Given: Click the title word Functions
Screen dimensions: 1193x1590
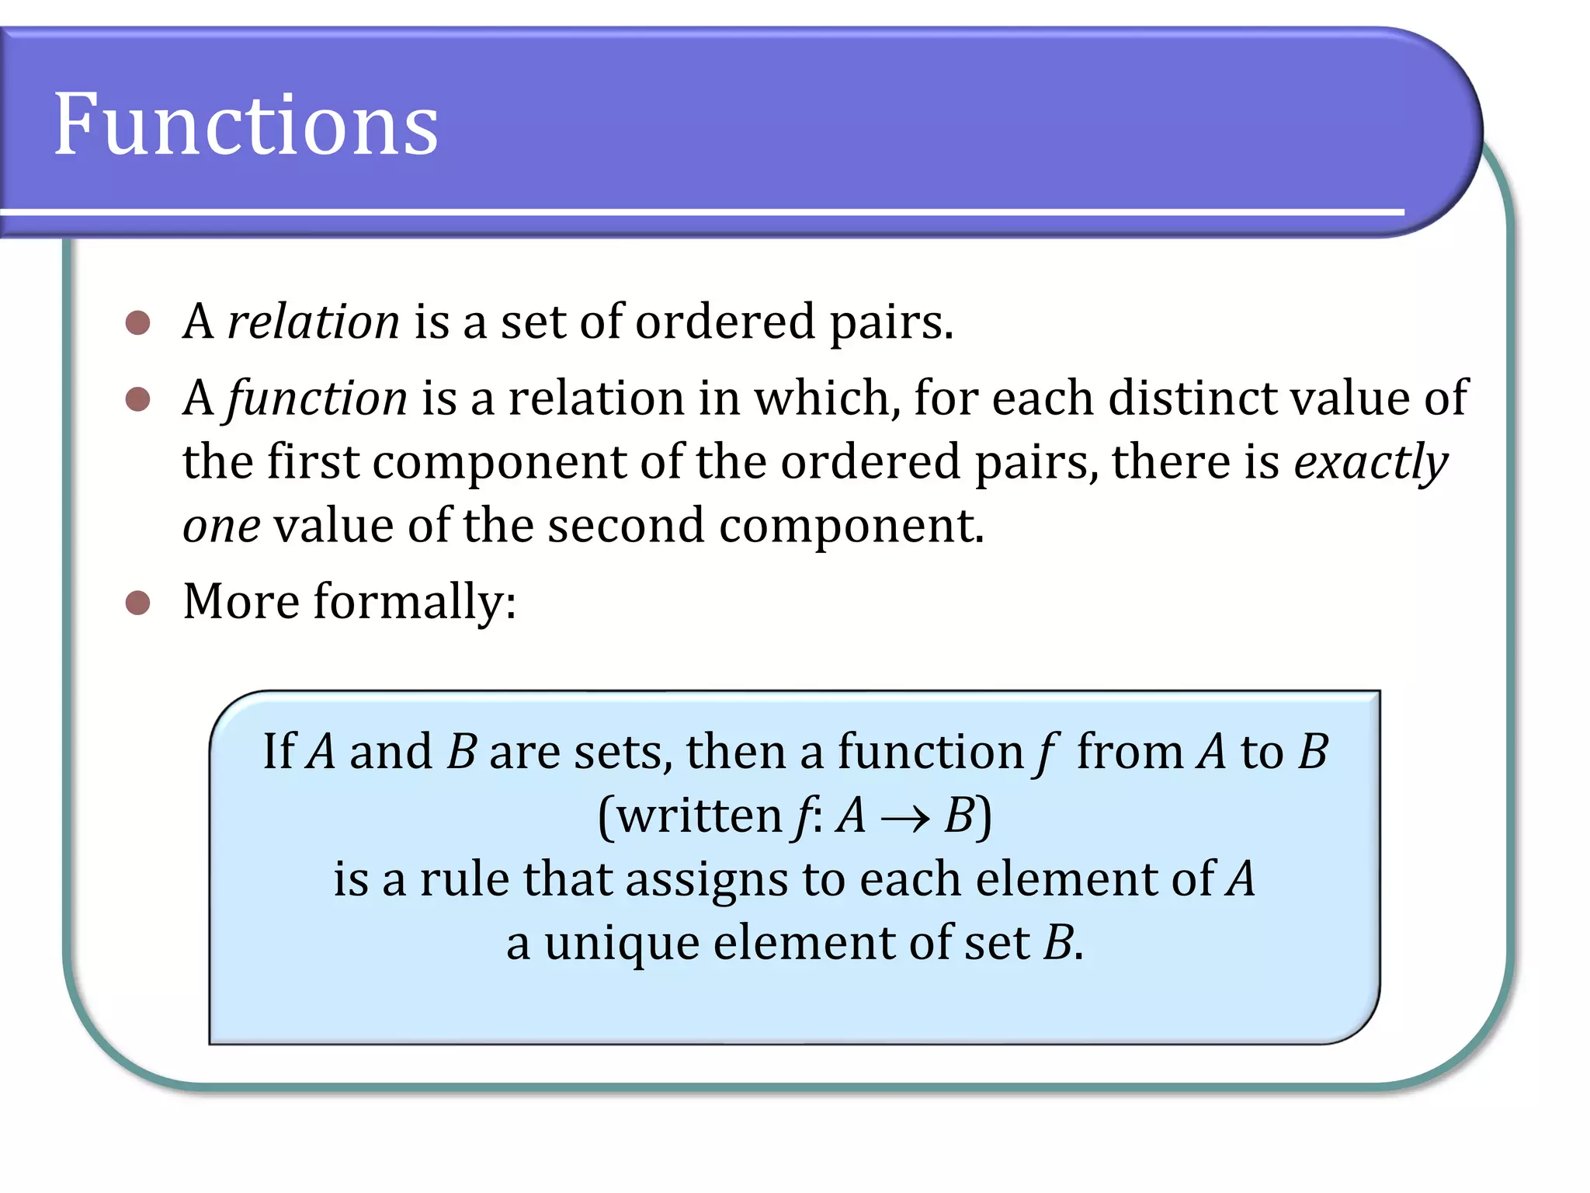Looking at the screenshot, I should coord(246,124).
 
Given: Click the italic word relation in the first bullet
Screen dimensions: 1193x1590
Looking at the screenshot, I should coord(313,322).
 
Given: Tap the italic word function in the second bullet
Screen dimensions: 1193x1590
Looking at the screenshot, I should coord(317,398).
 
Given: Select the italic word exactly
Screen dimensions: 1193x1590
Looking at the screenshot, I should coord(1370,463).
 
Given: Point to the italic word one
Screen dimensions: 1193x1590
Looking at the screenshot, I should coord(221,526).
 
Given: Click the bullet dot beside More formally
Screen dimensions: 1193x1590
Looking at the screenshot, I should coord(137,603).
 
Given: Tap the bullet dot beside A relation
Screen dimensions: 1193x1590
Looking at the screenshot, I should coord(137,323).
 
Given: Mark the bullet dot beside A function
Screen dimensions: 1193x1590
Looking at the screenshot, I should coord(137,399).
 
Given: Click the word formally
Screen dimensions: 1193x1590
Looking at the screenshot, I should coord(415,603).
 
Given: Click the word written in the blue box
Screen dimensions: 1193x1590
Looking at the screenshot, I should coord(700,816).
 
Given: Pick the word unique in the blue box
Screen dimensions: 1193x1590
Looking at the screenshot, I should coord(621,944).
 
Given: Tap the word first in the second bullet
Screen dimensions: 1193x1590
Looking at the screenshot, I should coord(313,462).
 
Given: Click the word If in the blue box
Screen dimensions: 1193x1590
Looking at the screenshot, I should coord(279,752).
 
